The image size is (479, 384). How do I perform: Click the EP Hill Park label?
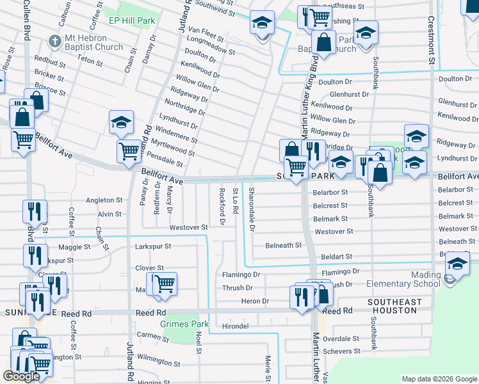point(132,21)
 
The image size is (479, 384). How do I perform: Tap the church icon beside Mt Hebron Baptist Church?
point(56,42)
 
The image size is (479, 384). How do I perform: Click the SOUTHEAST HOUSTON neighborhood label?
point(394,306)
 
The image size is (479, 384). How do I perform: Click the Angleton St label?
point(104,200)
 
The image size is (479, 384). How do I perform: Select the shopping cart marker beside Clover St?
point(165,283)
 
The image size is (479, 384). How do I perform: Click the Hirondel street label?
point(235,326)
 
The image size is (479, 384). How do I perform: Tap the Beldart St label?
point(337,256)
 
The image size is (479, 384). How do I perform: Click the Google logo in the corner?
point(21,376)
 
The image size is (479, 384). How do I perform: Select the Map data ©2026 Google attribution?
point(439,379)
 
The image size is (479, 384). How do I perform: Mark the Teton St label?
point(90,61)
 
